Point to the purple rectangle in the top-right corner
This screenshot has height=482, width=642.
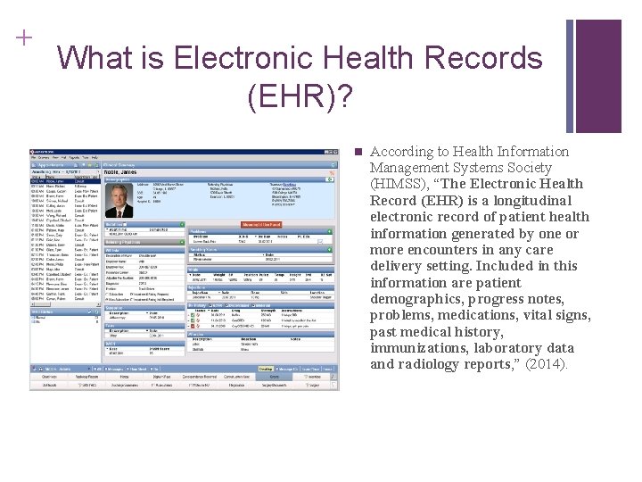[x=598, y=76]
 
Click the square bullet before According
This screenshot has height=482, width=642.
[x=358, y=152]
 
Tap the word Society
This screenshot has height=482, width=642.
[x=526, y=168]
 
